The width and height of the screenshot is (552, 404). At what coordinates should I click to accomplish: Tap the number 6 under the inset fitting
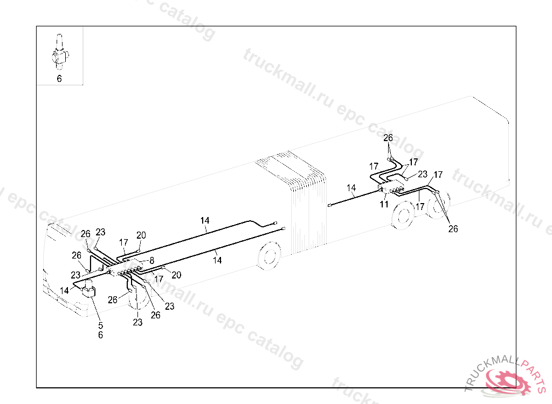[59, 79]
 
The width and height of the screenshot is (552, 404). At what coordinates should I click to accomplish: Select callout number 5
[100, 325]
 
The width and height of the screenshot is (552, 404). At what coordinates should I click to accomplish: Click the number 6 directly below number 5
[100, 335]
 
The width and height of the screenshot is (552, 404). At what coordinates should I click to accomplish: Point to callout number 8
[152, 260]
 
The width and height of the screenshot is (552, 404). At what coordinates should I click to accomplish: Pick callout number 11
[384, 204]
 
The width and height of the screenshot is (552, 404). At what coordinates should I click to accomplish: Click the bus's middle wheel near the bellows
[270, 256]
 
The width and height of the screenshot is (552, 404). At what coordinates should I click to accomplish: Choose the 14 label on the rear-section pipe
[351, 188]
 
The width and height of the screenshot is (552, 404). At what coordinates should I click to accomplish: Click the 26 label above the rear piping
[388, 138]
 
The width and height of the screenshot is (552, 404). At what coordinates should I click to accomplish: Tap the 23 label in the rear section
[423, 174]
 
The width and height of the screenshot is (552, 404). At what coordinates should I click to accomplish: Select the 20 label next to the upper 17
[141, 235]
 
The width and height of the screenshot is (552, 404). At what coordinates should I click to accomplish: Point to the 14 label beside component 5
[65, 290]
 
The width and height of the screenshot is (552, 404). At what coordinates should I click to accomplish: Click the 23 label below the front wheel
[138, 322]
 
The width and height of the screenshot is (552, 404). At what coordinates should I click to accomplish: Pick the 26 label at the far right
[453, 229]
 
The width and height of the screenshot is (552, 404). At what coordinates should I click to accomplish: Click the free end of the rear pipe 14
[329, 205]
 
